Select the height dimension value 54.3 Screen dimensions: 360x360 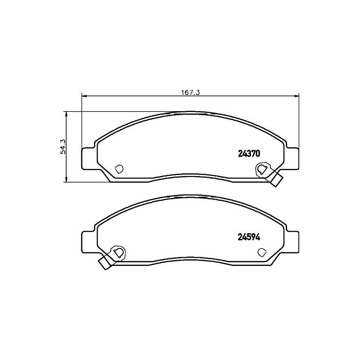pyautogui.click(x=63, y=146)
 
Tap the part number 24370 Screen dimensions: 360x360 pyautogui.click(x=248, y=153)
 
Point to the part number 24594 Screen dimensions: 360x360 pyautogui.click(x=248, y=236)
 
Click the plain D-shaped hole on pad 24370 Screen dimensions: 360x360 pyautogui.click(x=119, y=169)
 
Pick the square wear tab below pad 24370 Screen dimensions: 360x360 pyautogui.click(x=277, y=181)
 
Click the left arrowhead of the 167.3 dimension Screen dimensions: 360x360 pyautogui.click(x=84, y=95)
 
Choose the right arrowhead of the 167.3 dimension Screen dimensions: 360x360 pyautogui.click(x=297, y=95)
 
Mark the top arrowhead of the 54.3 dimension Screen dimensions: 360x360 pyautogui.click(x=66, y=114)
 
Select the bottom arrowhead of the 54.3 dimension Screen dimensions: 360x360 pyautogui.click(x=66, y=180)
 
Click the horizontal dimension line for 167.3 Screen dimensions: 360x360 pyautogui.click(x=135, y=95)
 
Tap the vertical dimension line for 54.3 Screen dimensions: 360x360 pyautogui.click(x=66, y=166)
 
